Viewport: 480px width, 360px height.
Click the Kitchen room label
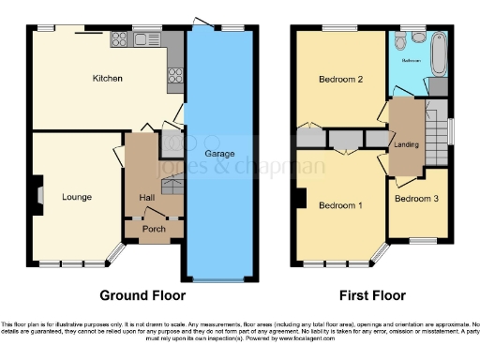(x=107, y=80)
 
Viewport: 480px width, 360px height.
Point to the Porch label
(x=152, y=229)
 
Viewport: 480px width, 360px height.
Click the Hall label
(x=147, y=197)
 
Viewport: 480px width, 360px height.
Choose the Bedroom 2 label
(x=339, y=80)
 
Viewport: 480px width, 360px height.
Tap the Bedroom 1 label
(x=340, y=205)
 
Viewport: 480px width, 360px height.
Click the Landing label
(x=406, y=143)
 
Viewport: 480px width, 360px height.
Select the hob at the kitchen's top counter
(x=119, y=39)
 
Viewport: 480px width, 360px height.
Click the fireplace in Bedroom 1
(x=299, y=199)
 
